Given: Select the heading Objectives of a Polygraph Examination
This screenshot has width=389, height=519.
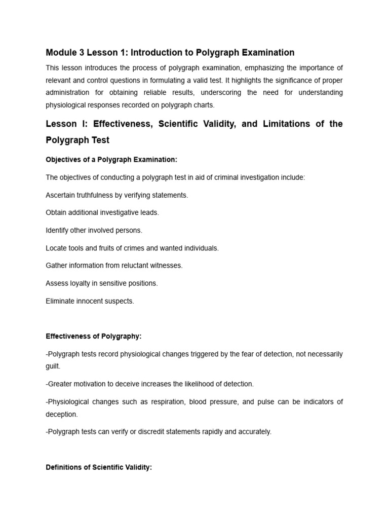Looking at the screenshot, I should pos(111,160).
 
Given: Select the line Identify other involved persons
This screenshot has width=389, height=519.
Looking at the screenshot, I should pos(94,231).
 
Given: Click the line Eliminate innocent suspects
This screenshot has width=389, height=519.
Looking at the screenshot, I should pos(90,301).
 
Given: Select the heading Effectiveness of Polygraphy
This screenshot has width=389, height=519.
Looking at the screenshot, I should pos(94,336).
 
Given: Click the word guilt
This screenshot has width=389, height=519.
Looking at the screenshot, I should pos(53,365).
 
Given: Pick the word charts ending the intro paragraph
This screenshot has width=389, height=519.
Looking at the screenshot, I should pos(203,105).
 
